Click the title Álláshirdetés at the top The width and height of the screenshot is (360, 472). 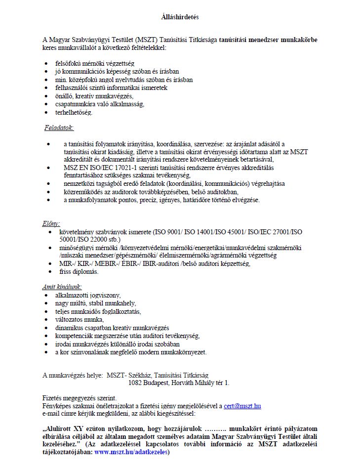[180, 17]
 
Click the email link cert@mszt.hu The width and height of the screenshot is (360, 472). [242, 406]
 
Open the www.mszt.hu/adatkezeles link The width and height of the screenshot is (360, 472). [131, 452]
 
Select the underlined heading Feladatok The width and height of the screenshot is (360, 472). [59, 128]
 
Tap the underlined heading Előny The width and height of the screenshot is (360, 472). [51, 223]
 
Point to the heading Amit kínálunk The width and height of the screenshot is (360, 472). [62, 287]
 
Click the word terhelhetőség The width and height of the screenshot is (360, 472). [74, 112]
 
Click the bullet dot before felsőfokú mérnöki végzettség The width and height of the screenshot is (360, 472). [46, 64]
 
